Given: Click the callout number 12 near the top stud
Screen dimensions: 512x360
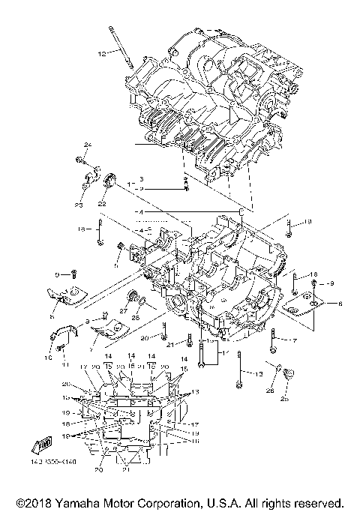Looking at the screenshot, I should click(x=102, y=53).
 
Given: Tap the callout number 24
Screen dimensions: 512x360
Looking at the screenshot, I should click(x=87, y=144).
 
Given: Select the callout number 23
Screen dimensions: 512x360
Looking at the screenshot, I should click(x=78, y=205).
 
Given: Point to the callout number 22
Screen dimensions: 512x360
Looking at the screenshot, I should click(x=101, y=202).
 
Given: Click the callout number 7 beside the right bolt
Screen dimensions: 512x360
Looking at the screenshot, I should click(x=295, y=341).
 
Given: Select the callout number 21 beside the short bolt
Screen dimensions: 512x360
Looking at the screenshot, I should click(x=170, y=344).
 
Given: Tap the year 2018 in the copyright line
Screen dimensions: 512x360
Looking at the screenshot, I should click(x=42, y=502).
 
